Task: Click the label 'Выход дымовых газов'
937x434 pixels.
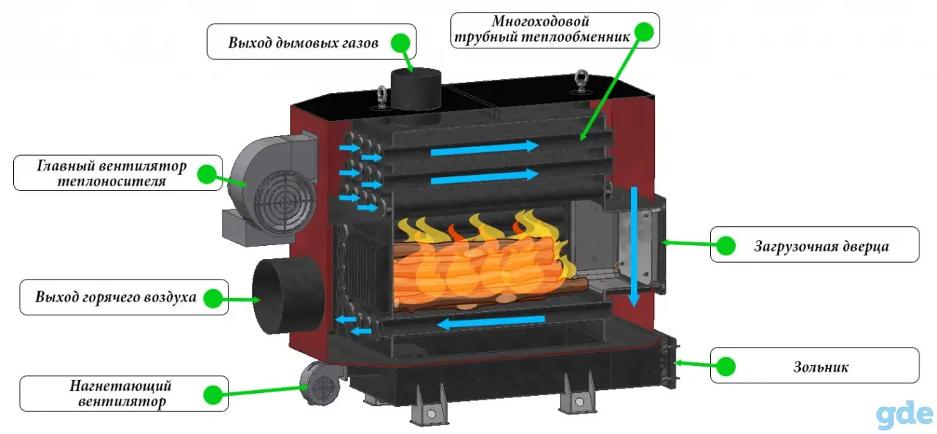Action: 303,42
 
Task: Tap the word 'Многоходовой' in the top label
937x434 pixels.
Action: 540,21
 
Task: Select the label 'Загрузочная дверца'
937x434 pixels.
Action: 821,246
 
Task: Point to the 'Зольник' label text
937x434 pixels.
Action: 821,367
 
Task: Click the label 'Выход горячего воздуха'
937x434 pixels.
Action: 116,297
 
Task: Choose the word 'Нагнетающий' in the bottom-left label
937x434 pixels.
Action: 121,385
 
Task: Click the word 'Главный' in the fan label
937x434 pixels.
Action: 66,165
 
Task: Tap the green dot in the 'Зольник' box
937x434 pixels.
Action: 725,367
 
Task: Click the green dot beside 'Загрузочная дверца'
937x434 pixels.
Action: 725,245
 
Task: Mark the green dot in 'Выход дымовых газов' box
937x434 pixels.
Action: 400,42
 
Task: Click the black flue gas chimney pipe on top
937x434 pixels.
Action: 416,90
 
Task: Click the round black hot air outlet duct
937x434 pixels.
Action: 288,295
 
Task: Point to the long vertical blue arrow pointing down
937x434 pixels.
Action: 634,247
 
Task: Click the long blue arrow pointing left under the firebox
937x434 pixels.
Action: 491,321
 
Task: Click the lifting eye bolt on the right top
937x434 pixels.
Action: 581,81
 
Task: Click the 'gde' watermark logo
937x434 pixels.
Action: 903,414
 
